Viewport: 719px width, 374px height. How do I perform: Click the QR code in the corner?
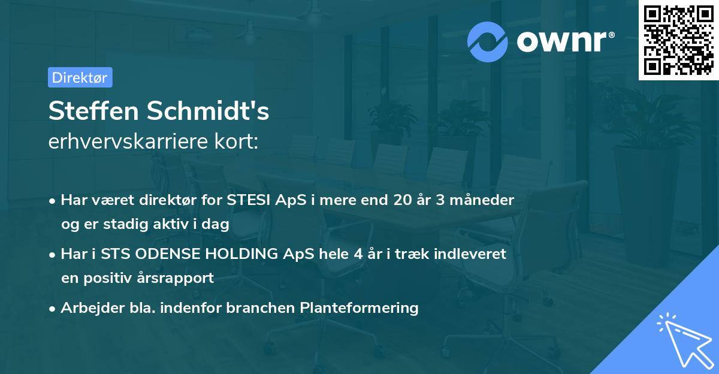pyautogui.click(x=678, y=40)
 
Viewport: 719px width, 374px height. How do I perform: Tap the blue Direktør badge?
pyautogui.click(x=80, y=77)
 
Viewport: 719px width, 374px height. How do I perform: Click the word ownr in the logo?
pyautogui.click(x=565, y=41)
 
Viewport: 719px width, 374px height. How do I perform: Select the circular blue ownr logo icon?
pyautogui.click(x=488, y=41)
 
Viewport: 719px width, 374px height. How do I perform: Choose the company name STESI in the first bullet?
pyautogui.click(x=247, y=200)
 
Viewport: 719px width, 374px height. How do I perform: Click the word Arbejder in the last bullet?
pyautogui.click(x=86, y=308)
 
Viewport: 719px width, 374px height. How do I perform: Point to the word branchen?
pyautogui.click(x=275, y=308)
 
